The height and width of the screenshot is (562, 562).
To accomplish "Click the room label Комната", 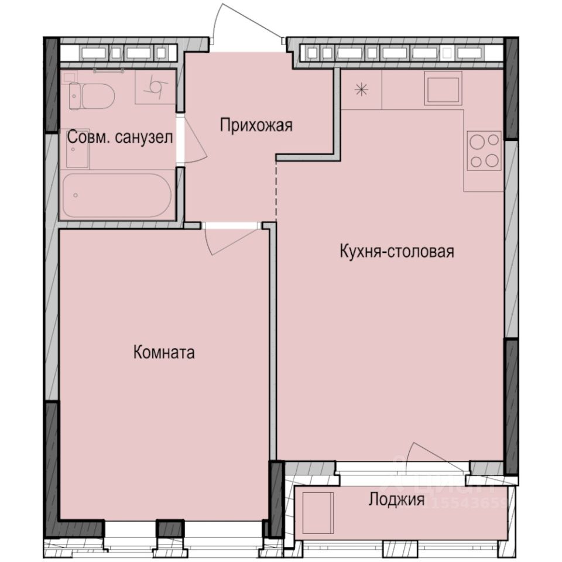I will [x=164, y=353].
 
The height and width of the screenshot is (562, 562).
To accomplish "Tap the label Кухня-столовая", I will [x=397, y=252].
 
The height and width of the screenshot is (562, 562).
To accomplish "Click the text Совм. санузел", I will [x=119, y=138].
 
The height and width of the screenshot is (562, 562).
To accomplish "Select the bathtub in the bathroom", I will [x=117, y=195].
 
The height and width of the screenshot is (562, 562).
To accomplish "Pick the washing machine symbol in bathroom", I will [x=156, y=87].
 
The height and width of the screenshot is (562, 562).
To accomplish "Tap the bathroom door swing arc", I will [x=196, y=140].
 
